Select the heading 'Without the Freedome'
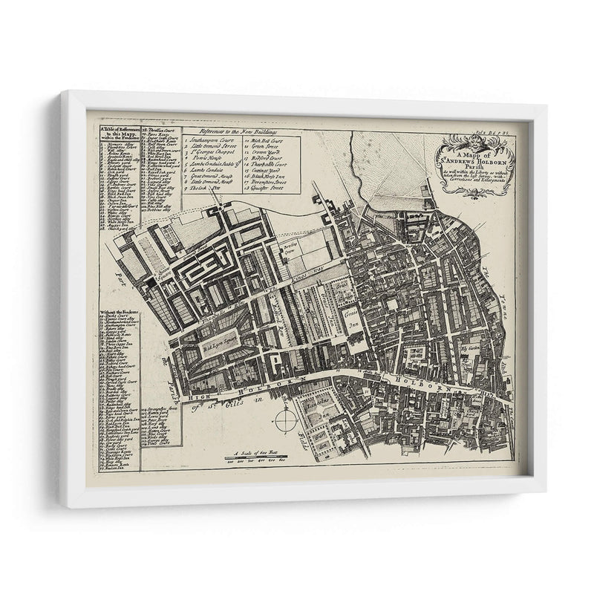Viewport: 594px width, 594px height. pos(118,311)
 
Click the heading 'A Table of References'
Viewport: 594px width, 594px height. pos(118,131)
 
